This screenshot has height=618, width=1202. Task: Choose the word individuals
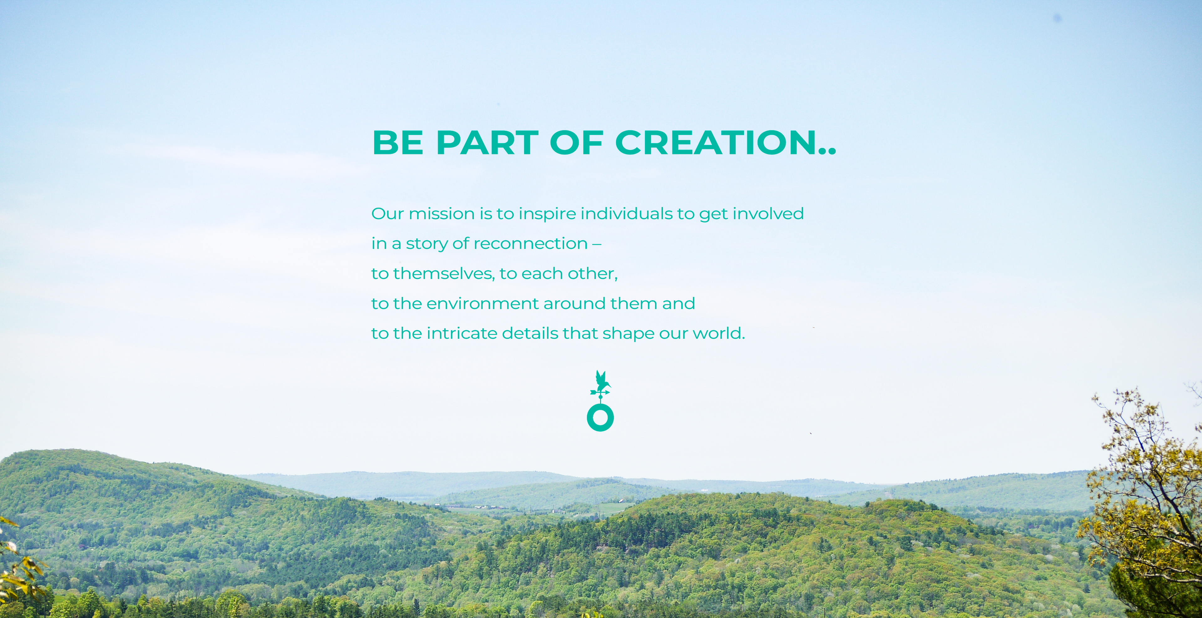point(626,214)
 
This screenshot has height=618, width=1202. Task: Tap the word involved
point(768,214)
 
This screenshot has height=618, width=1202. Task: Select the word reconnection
point(531,244)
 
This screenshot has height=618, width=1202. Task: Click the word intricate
point(462,333)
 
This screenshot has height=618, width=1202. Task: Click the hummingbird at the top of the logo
point(601,381)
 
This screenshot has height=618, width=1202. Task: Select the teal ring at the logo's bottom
point(600,418)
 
